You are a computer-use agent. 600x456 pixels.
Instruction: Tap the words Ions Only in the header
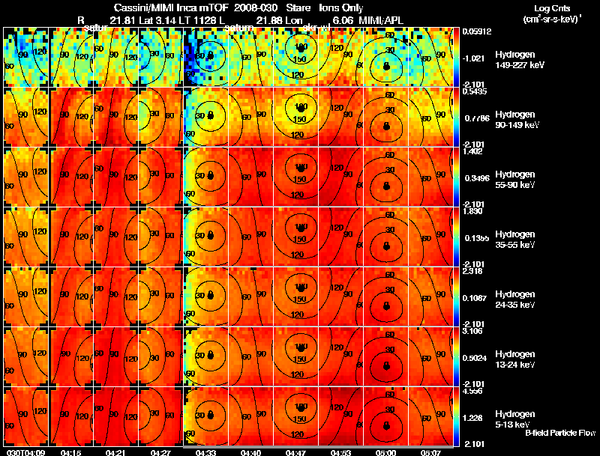pyautogui.click(x=334, y=7)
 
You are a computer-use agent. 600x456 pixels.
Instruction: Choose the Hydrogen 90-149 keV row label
pyautogui.click(x=514, y=119)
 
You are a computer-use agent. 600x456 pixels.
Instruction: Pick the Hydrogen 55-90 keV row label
pyautogui.click(x=514, y=179)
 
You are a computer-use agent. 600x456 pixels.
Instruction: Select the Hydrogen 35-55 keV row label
pyautogui.click(x=514, y=239)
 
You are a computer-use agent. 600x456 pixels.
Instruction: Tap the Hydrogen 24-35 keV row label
pyautogui.click(x=514, y=299)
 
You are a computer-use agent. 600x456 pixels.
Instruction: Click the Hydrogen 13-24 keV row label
pyautogui.click(x=514, y=359)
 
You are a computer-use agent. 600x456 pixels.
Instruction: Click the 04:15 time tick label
pyautogui.click(x=70, y=452)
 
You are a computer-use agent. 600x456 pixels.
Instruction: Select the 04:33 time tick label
pyautogui.click(x=205, y=452)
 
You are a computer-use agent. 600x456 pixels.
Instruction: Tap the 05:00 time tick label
pyautogui.click(x=387, y=452)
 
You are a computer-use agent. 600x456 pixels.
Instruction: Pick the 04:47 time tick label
pyautogui.click(x=297, y=452)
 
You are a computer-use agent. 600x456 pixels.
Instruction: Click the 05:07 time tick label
pyautogui.click(x=432, y=452)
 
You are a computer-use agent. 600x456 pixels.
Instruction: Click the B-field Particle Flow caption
pyautogui.click(x=559, y=433)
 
